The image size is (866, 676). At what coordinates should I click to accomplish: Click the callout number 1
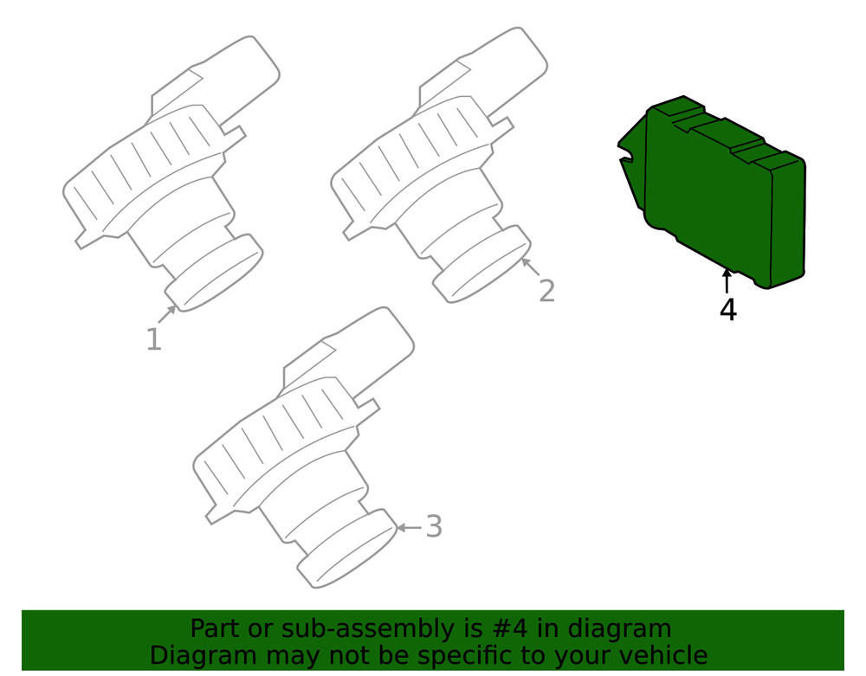pyautogui.click(x=153, y=339)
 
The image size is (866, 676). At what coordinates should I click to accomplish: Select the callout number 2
pyautogui.click(x=546, y=291)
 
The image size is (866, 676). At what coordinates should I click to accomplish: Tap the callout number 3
pyautogui.click(x=434, y=526)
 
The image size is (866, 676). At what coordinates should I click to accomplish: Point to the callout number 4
pyautogui.click(x=727, y=309)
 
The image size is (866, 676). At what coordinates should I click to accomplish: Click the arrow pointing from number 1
pyautogui.click(x=167, y=314)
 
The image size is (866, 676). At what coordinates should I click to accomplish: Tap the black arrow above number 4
pyautogui.click(x=727, y=281)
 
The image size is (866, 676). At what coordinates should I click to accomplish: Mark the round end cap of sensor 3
pyautogui.click(x=348, y=552)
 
